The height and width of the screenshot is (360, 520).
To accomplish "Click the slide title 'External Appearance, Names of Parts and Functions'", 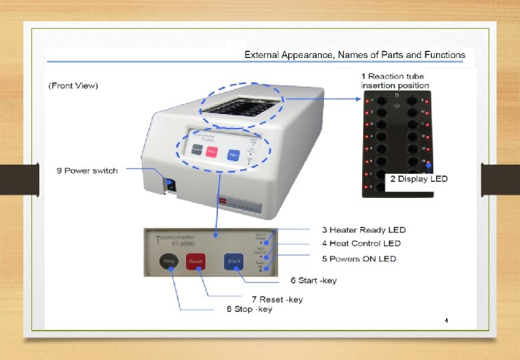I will pos(355,55).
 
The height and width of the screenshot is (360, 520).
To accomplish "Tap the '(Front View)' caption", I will pos(74,85).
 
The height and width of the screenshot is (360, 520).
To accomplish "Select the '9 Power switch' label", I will pos(87,171).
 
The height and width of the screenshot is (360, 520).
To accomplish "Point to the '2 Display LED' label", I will pos(419,179).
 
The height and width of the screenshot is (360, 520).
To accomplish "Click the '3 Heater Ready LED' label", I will pos(363,230).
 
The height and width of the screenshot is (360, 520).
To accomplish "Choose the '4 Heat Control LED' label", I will pos(361,243).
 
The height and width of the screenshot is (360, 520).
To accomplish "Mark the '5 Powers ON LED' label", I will pos(359,259).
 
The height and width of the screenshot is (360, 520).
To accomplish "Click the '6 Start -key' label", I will pos(313,280).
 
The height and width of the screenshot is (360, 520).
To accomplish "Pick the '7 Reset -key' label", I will pos(277,299).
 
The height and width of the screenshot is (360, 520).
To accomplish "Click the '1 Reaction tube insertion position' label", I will pos(393,81).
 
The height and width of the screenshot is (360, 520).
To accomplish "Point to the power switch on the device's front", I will pos(171,185).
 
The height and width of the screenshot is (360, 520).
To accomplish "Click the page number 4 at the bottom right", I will pos(447,321).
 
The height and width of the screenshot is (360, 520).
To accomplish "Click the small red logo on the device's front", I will pos(223,199).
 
